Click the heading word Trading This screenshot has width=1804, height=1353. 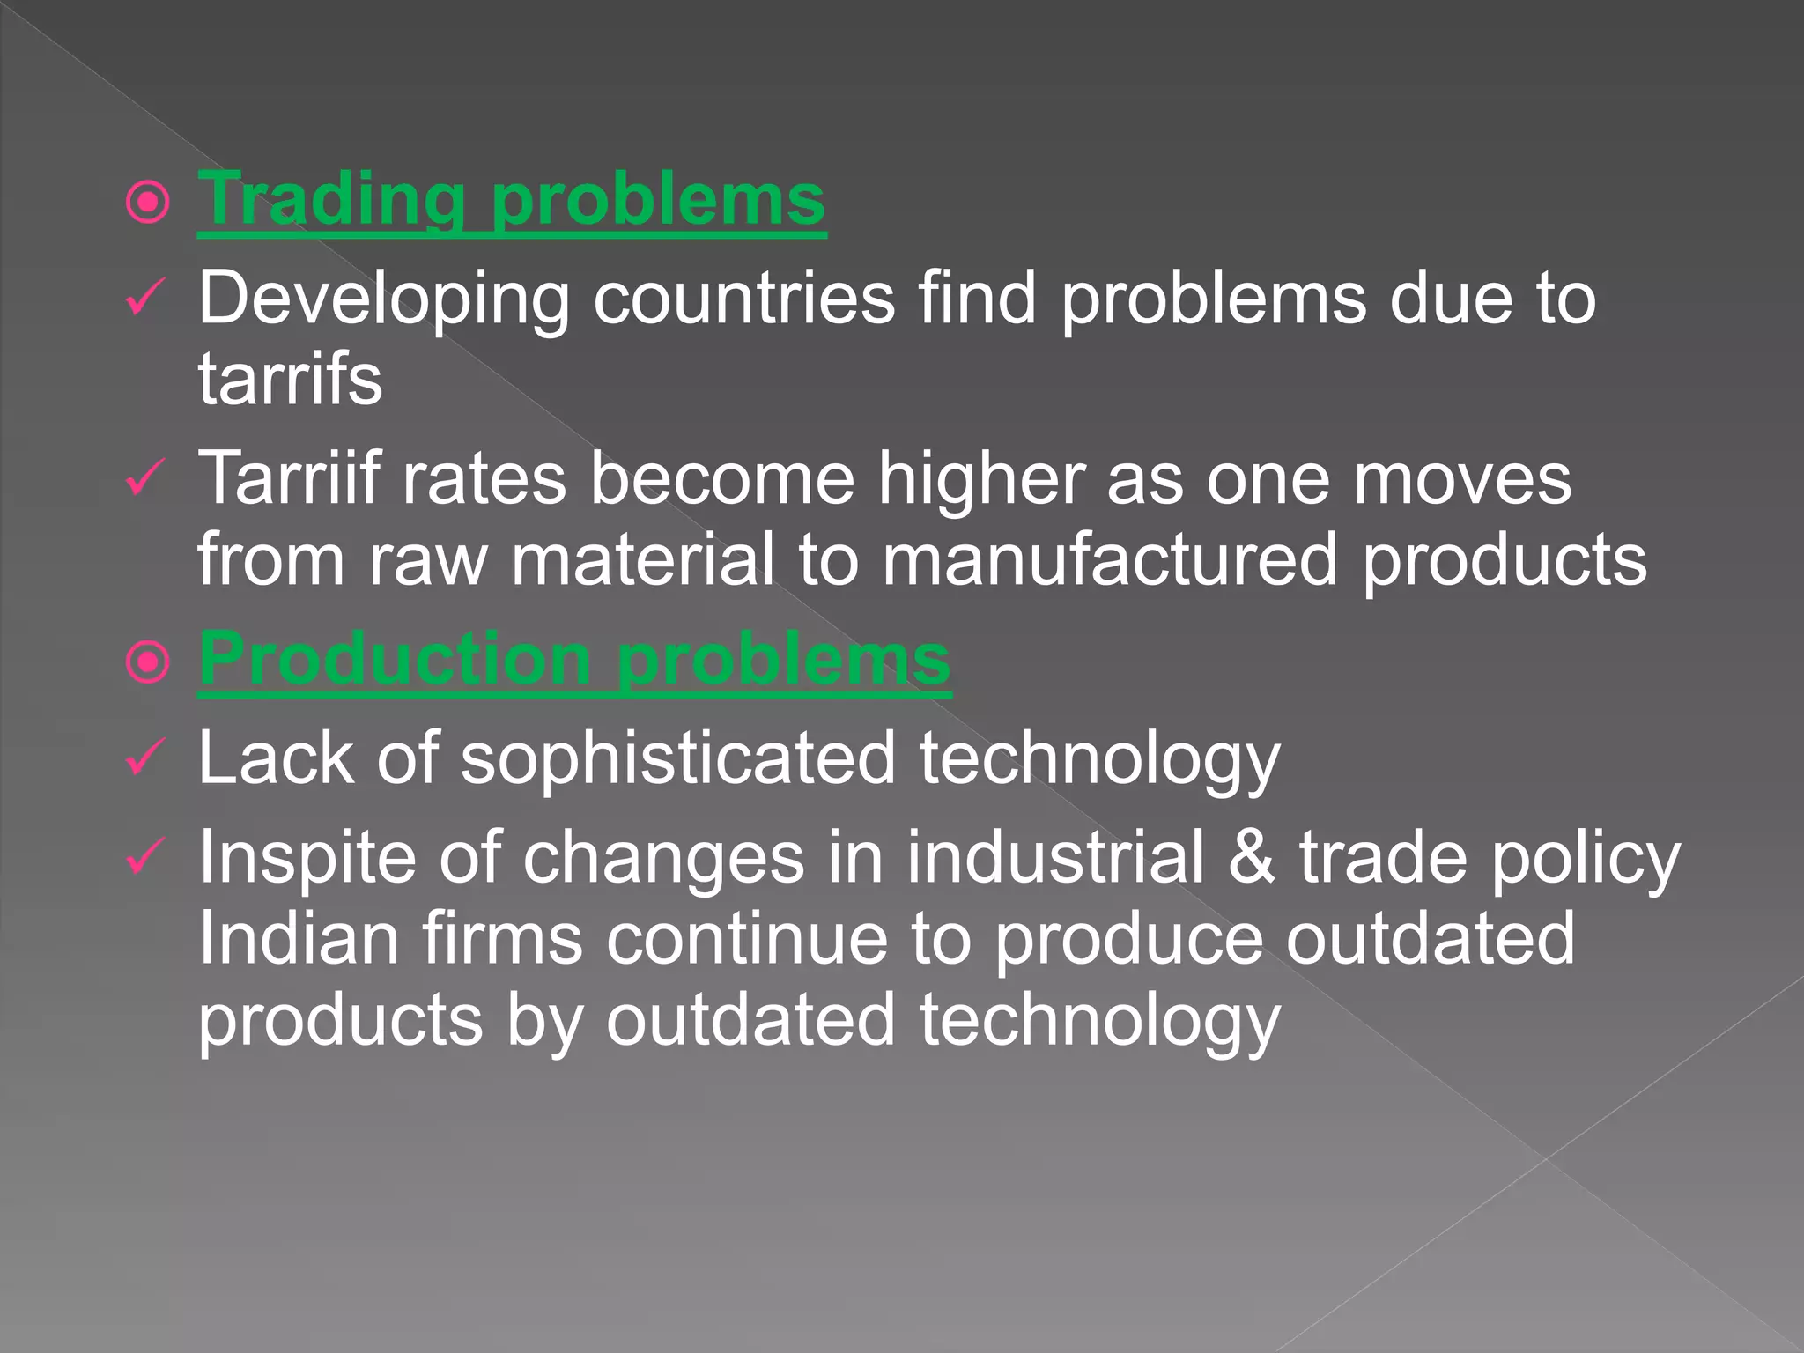click(x=331, y=200)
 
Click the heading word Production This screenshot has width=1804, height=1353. click(x=394, y=660)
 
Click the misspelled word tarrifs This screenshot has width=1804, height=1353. click(x=290, y=380)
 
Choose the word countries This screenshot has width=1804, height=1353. click(x=744, y=298)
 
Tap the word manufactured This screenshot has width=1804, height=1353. click(x=1109, y=559)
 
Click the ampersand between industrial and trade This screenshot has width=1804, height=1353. click(x=1252, y=857)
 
